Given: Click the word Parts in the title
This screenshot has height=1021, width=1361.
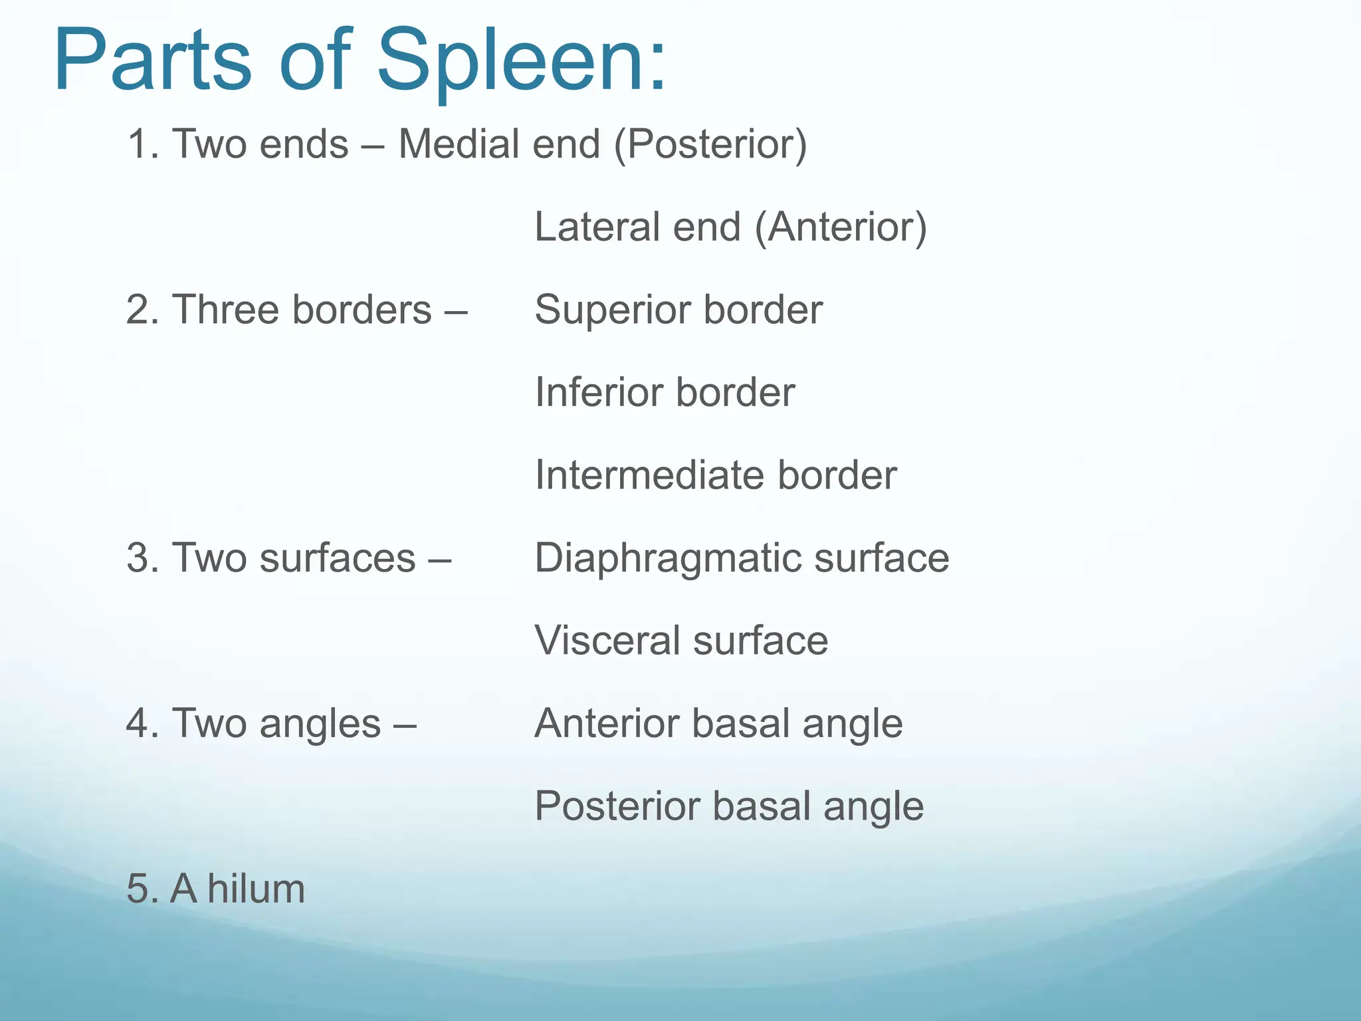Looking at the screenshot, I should [153, 61].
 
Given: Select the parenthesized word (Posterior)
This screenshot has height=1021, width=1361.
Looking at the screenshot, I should [710, 145].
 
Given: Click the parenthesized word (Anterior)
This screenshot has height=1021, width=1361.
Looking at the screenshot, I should [841, 228].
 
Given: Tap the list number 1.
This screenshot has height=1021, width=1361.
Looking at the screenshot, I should [140, 144].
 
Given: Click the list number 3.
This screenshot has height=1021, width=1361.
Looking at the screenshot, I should [140, 558].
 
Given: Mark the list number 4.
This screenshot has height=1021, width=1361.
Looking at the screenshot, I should [140, 723].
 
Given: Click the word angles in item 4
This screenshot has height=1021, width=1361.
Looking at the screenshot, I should [320, 725].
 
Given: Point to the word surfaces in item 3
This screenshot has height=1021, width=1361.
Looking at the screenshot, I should [337, 558].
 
